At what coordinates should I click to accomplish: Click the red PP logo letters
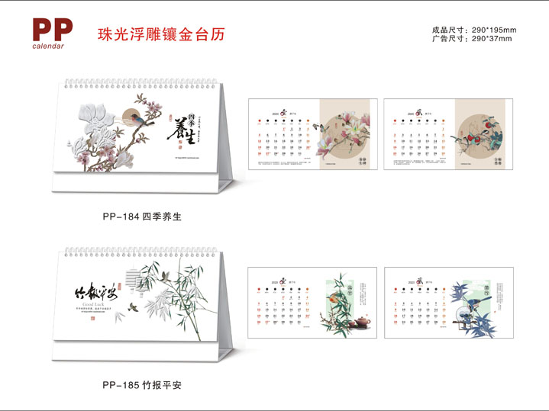[x=53, y=29]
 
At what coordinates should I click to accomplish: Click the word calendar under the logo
[x=48, y=46]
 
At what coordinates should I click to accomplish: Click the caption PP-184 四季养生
[x=141, y=217]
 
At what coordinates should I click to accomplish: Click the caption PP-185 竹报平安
[x=141, y=385]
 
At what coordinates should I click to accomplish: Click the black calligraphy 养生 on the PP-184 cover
[x=182, y=129]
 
